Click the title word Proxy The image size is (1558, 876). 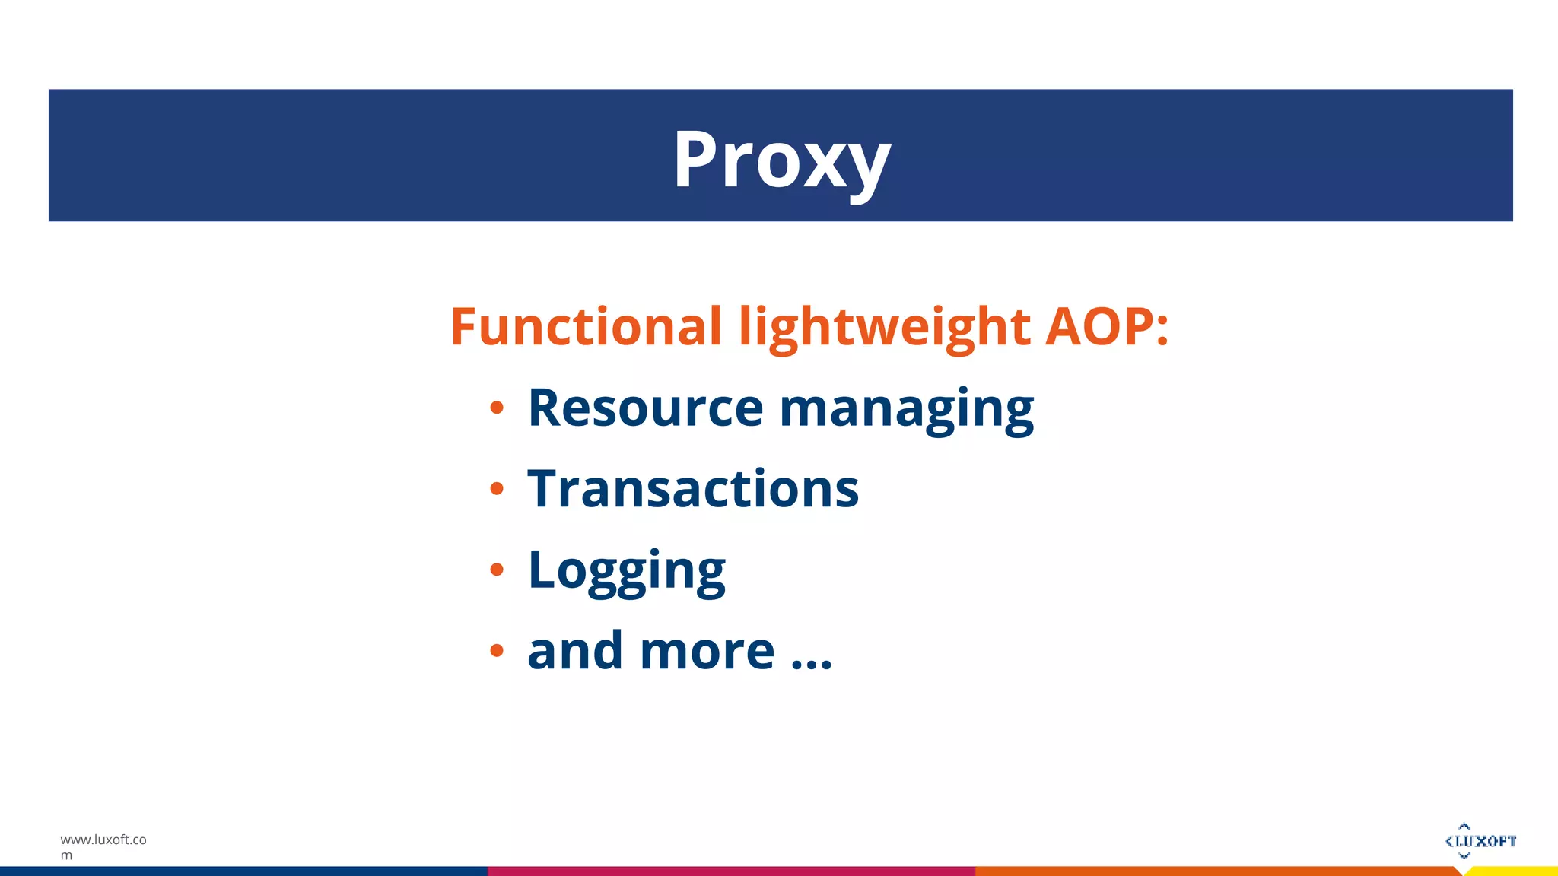click(x=781, y=160)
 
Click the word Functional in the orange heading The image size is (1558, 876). click(x=585, y=327)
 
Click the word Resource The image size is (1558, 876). click(x=645, y=408)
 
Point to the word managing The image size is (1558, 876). click(x=906, y=411)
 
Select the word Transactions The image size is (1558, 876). click(x=693, y=489)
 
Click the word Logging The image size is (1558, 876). click(x=627, y=571)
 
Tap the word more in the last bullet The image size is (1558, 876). click(x=707, y=652)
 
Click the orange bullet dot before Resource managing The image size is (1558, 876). click(x=497, y=408)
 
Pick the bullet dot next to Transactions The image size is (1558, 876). click(x=497, y=488)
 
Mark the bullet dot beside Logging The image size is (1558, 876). click(x=497, y=569)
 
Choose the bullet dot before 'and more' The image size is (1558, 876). click(x=497, y=650)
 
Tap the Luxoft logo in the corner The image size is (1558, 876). click(x=1480, y=840)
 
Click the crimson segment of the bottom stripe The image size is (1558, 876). click(x=730, y=871)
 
